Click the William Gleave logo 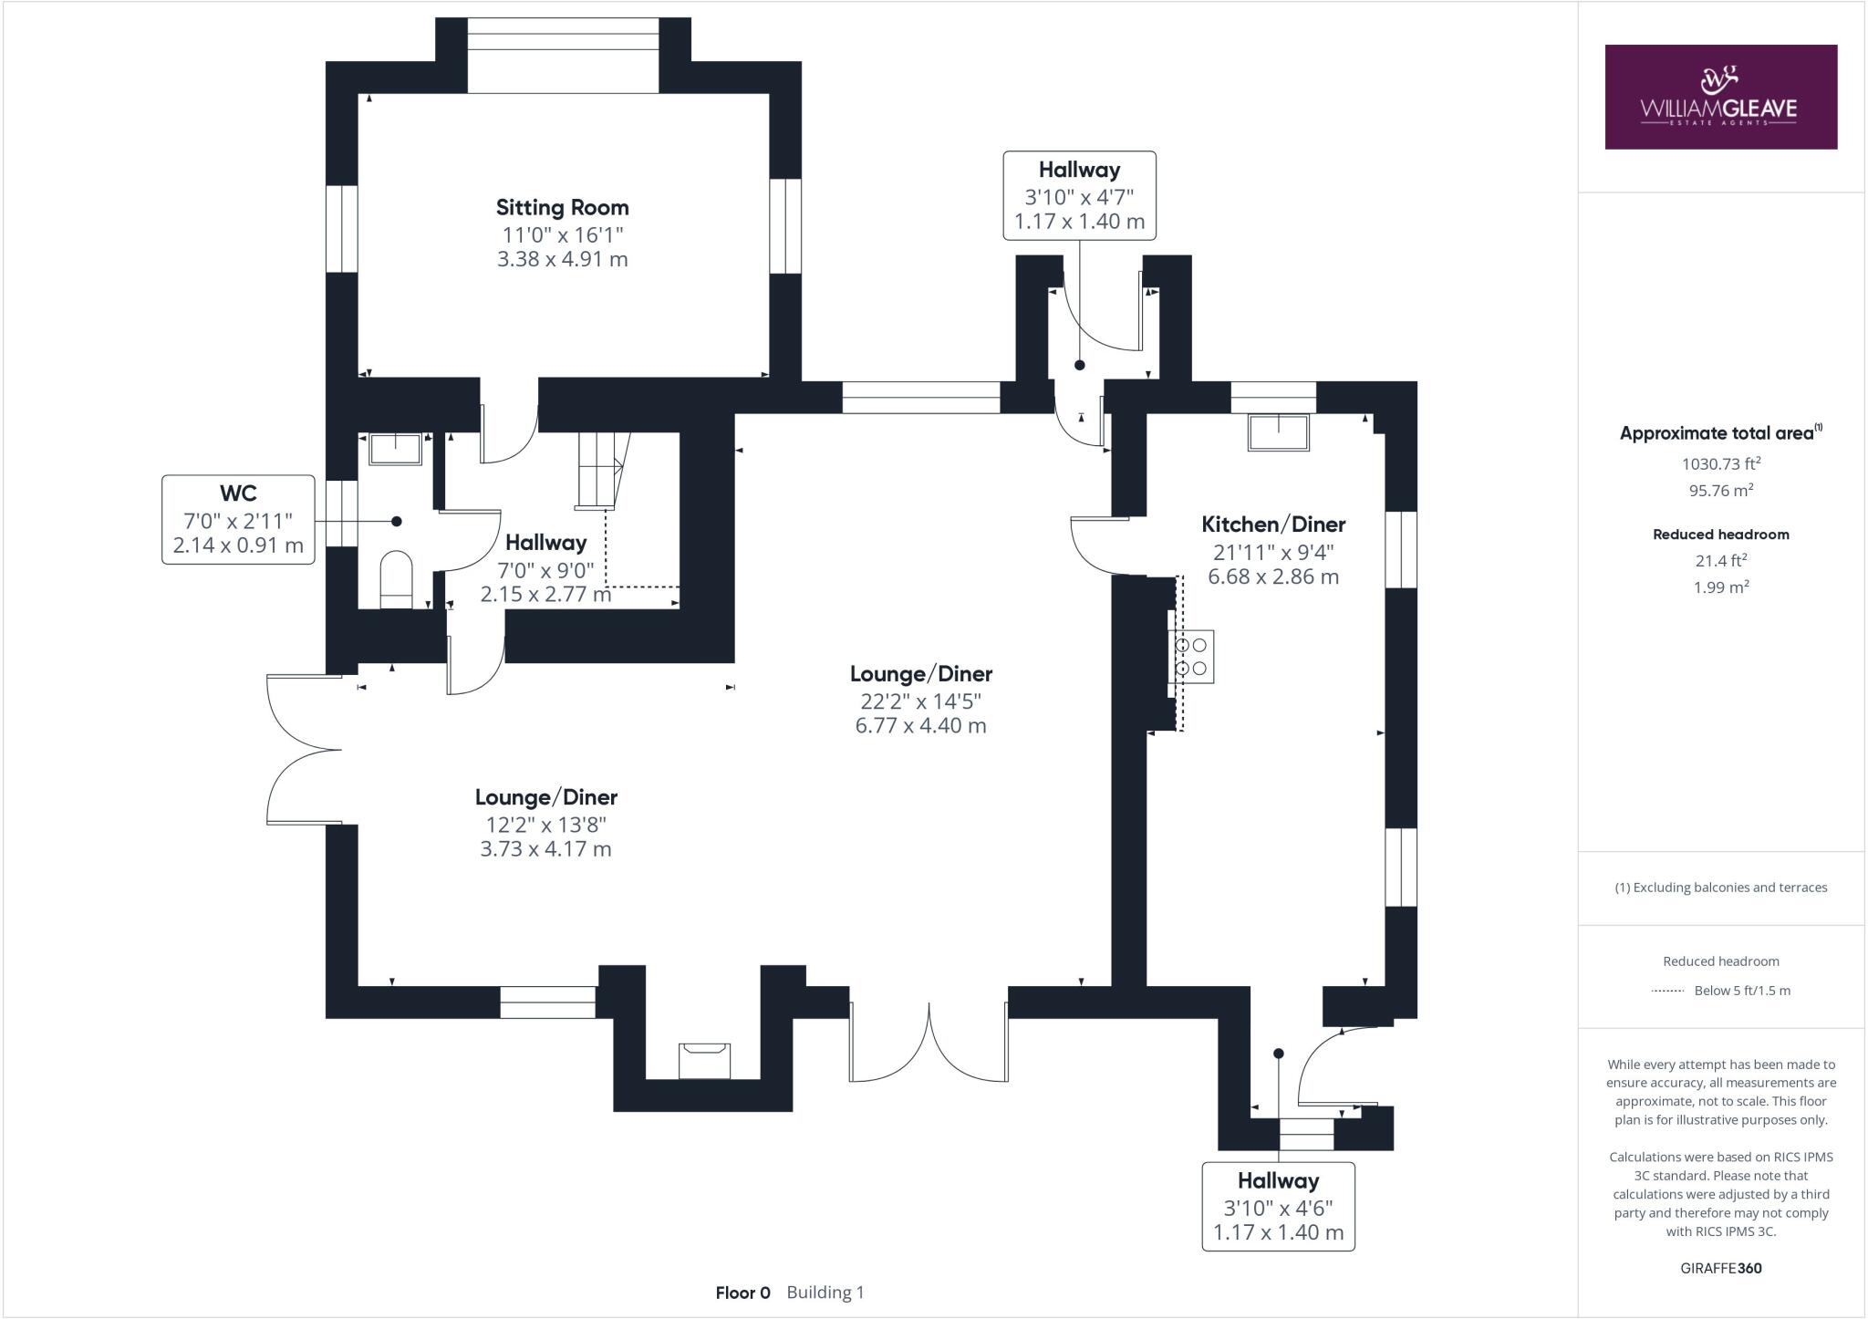1720,97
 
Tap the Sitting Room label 562,207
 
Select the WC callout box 238,519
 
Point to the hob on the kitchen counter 1191,656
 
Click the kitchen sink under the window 1279,431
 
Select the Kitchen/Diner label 1273,524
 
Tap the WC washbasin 396,449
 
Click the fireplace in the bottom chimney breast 704,1060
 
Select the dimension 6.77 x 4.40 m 920,726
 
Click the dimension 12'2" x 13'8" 545,825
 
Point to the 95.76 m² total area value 1720,490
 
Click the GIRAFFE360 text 1720,1268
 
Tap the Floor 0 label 742,1293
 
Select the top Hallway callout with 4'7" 1079,195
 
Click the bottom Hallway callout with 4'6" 1278,1206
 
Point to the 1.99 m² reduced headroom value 1720,587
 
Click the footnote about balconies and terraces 1720,888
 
